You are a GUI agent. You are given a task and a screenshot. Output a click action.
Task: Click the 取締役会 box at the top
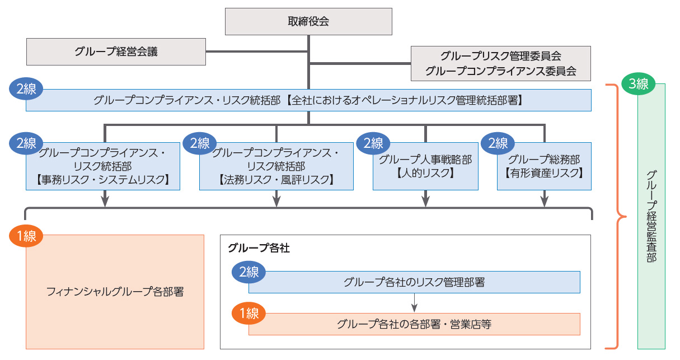[x=308, y=22]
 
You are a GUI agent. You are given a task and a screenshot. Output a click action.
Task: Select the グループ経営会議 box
[x=116, y=52]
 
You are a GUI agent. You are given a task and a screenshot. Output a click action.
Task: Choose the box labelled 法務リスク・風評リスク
[x=276, y=166]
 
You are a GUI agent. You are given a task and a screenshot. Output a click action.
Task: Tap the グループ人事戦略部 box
[x=425, y=166]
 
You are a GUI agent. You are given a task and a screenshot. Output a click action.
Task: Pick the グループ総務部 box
[x=544, y=166]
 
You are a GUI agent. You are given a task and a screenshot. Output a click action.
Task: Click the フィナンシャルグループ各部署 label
[x=115, y=292]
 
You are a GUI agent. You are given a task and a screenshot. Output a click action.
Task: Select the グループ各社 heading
[x=259, y=247]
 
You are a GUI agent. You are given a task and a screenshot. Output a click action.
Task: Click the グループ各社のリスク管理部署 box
[x=414, y=282]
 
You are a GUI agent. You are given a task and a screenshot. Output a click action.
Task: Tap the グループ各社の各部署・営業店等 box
[x=414, y=324]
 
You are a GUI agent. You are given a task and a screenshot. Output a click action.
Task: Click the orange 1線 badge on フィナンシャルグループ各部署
[x=26, y=236]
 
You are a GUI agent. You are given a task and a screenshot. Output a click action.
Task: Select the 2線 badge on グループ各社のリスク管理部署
[x=249, y=272]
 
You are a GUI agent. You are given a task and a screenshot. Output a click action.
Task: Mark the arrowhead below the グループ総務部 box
[x=544, y=202]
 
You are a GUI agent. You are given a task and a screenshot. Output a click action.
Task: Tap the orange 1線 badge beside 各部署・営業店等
[x=249, y=314]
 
